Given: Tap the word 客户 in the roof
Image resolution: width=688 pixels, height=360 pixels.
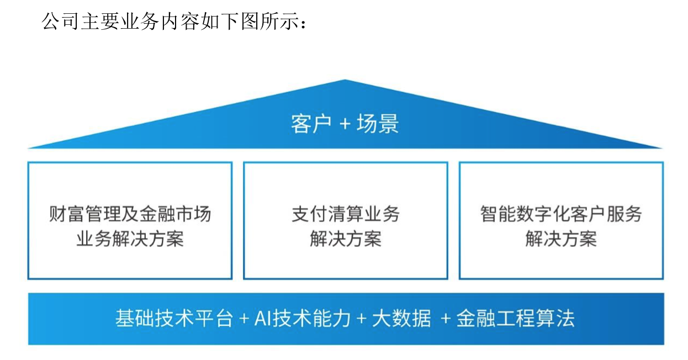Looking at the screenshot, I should (311, 124).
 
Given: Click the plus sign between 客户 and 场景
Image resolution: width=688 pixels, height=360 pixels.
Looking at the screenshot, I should (345, 124).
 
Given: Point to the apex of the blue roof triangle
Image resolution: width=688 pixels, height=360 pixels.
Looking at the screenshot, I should (345, 81).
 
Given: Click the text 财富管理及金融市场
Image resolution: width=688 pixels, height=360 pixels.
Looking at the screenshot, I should (130, 214).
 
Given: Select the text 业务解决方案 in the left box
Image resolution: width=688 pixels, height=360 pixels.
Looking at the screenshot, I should (130, 239).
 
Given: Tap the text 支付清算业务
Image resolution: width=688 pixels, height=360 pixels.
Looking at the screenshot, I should (345, 214).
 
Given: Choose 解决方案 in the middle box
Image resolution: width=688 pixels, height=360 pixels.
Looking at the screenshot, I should (345, 239).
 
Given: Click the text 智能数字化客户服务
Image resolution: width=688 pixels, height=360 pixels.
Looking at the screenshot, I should (561, 214).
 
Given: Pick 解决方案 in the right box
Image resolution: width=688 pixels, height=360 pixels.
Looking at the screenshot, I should (561, 239).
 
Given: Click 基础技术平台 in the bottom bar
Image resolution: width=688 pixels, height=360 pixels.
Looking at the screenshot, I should (174, 319).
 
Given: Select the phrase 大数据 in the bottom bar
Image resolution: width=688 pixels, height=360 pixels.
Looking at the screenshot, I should (401, 319).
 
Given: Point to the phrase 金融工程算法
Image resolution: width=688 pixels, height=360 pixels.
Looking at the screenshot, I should (515, 319).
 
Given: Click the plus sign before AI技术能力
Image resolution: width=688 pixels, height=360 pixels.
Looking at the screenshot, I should (244, 319).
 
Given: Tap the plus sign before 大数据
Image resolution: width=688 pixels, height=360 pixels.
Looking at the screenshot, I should (362, 319).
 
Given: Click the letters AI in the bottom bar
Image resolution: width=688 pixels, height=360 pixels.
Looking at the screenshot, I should (261, 319).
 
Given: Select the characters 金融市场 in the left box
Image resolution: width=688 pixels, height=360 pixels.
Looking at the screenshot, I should (184, 214).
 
